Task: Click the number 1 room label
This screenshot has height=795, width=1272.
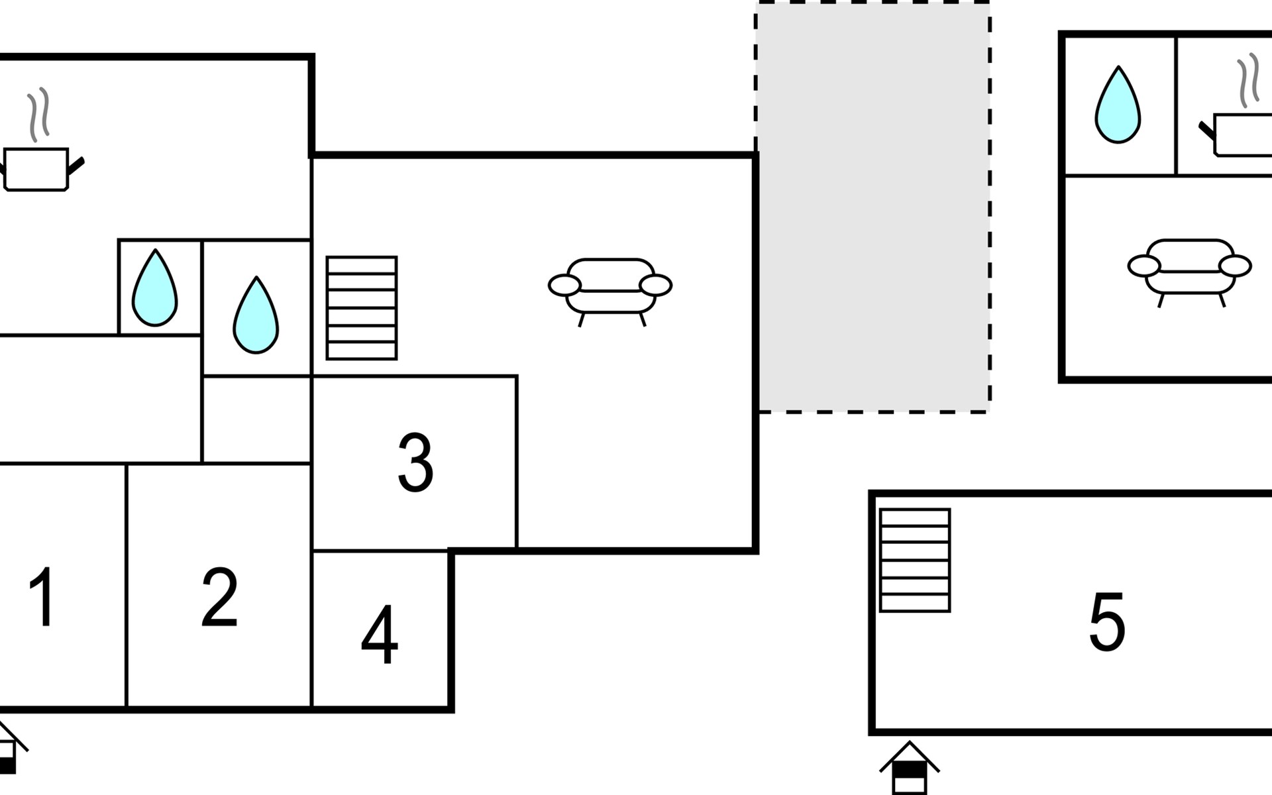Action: tap(42, 597)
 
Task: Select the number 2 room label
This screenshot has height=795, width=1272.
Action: tap(219, 597)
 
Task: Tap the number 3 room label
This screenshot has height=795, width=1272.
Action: tap(415, 462)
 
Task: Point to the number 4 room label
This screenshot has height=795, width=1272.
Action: tap(380, 635)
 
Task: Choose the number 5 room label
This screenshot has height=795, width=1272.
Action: tap(1107, 621)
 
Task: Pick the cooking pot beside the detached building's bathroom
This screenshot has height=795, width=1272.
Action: tap(1236, 135)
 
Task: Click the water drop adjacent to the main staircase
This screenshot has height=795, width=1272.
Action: tap(256, 315)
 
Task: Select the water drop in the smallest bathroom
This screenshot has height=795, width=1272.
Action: tap(155, 288)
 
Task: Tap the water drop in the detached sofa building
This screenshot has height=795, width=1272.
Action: tap(1118, 105)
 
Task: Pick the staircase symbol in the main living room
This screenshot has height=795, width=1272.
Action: tap(362, 308)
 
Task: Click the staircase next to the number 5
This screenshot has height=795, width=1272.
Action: tap(915, 560)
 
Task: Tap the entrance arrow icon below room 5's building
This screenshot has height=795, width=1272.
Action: tap(910, 768)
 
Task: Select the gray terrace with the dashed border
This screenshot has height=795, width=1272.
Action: tap(873, 207)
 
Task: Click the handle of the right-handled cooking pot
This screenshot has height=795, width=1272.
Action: tap(76, 166)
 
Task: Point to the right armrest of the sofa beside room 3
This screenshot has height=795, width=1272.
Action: tap(656, 285)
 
